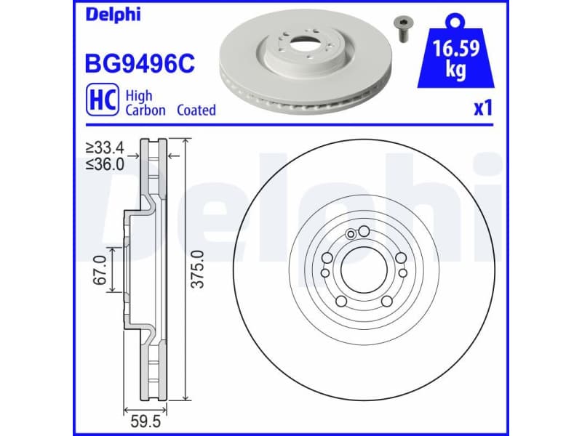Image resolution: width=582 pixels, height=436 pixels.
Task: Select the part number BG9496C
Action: click(140, 63)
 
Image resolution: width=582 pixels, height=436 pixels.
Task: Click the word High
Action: click(139, 94)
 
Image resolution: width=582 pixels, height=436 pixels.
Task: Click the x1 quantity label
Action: click(482, 109)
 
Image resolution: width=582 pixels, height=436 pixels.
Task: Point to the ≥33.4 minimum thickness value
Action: click(104, 150)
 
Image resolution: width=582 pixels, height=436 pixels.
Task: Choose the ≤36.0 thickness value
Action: click(104, 164)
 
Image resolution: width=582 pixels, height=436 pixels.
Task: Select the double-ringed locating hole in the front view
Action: click(352, 233)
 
